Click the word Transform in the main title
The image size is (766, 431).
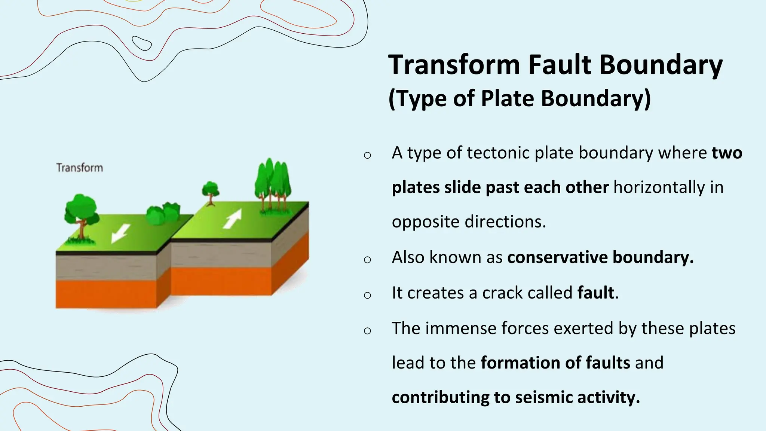tap(454, 65)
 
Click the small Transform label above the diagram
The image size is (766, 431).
tap(79, 168)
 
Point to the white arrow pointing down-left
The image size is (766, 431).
tap(120, 233)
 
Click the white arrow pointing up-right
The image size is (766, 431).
tap(233, 219)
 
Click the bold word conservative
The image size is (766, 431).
tap(557, 257)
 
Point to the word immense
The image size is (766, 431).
tap(460, 328)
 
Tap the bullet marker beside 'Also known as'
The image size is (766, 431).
tap(367, 259)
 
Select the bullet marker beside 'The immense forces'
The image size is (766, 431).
tap(367, 330)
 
